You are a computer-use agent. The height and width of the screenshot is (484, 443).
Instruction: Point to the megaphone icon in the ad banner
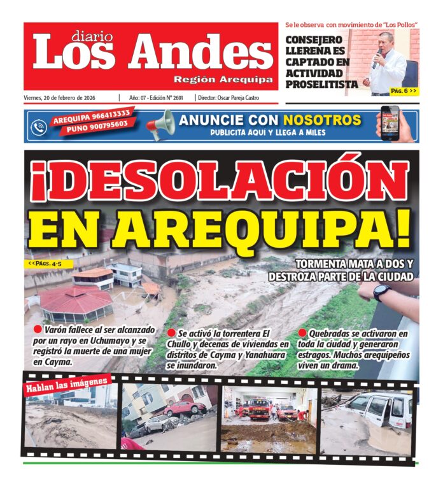(x=159, y=125)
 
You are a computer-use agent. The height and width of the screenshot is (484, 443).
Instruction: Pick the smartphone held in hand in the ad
(x=390, y=121)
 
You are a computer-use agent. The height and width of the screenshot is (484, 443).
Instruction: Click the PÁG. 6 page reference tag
(x=404, y=91)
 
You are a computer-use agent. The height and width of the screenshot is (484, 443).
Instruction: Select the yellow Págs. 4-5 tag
(x=50, y=263)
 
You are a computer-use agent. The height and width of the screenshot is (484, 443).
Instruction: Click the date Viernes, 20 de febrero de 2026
(x=67, y=98)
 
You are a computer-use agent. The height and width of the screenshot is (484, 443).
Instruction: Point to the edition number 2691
(x=183, y=98)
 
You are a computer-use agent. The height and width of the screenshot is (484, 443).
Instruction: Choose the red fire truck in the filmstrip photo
(x=259, y=408)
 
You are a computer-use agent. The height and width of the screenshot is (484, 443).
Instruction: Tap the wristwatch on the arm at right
(x=382, y=292)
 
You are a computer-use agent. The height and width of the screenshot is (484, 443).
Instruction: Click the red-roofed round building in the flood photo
(x=75, y=302)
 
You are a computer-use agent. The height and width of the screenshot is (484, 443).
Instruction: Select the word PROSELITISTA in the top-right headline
(x=322, y=84)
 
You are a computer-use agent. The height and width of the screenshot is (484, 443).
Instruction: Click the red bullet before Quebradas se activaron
(x=302, y=333)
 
